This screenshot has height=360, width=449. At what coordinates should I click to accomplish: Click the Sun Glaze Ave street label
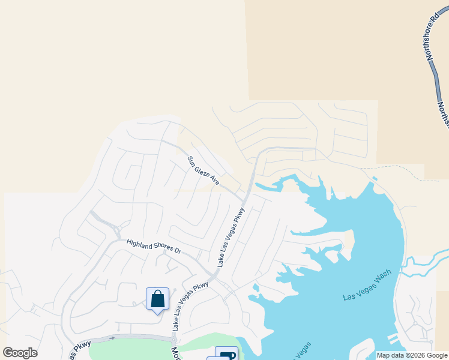(203, 170)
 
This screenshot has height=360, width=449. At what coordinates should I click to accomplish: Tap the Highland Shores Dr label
(153, 246)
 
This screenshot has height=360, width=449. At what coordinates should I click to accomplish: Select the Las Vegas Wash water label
(367, 286)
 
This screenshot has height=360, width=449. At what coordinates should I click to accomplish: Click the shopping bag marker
(157, 299)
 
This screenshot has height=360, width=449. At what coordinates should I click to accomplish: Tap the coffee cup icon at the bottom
(227, 355)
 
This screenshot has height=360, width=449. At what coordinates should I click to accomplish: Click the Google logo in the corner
(20, 353)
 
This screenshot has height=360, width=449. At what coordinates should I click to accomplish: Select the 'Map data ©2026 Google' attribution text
(412, 355)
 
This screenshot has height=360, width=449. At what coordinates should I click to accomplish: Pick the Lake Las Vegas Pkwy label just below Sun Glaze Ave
(231, 237)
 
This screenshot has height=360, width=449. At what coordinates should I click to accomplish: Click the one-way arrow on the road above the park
(111, 338)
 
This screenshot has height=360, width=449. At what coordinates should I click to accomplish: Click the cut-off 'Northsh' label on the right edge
(444, 113)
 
